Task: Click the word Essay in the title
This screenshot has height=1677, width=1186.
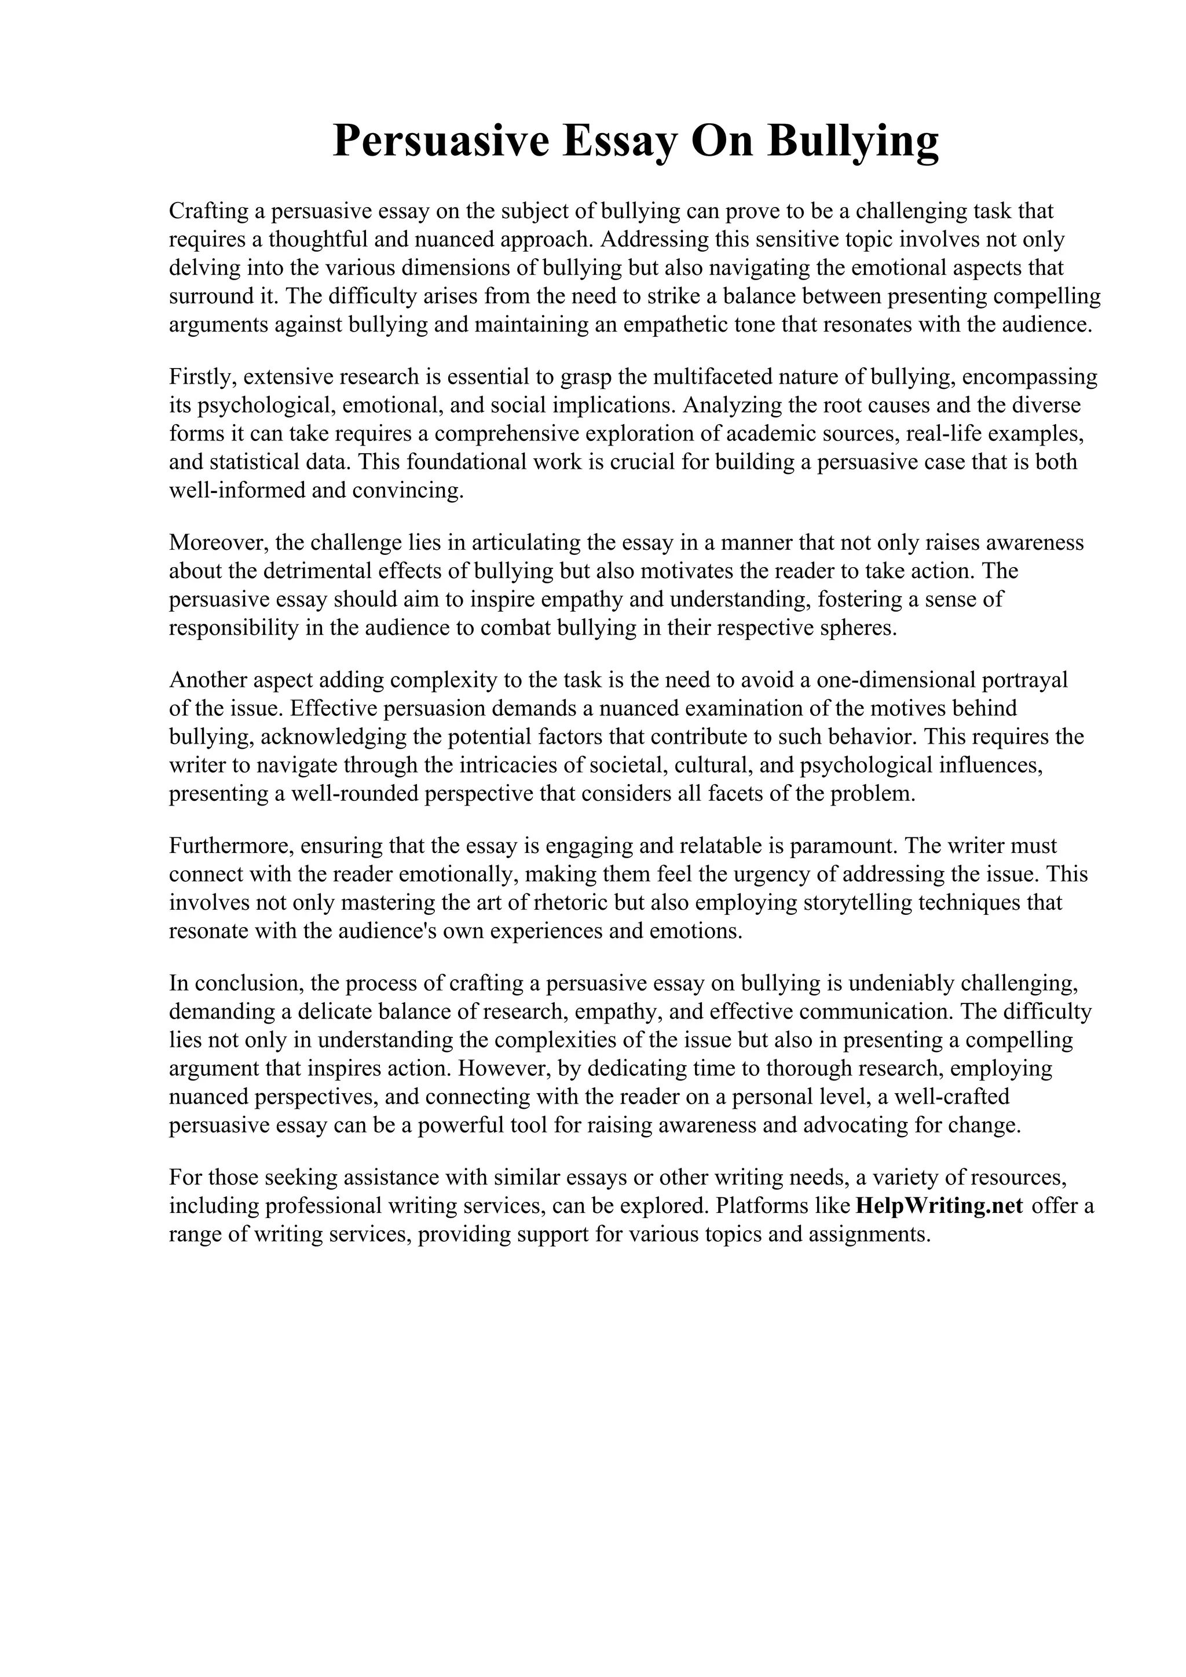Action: click(620, 141)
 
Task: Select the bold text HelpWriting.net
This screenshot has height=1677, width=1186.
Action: click(938, 1205)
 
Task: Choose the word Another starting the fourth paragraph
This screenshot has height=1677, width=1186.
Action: click(208, 680)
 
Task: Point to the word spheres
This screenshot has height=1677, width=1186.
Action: click(859, 628)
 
